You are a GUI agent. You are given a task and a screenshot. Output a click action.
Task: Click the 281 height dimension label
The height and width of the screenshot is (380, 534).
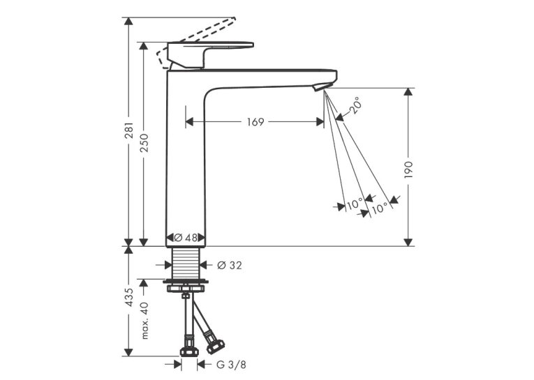coord(129,130)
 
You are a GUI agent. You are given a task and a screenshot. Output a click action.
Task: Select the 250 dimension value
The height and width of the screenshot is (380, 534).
coord(144,142)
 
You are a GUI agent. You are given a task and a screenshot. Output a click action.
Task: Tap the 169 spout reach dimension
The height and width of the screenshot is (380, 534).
coord(255,122)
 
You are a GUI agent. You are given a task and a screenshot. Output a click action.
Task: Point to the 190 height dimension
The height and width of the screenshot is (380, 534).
coord(408,169)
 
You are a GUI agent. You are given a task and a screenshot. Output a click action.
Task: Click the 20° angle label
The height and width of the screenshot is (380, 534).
coord(353,105)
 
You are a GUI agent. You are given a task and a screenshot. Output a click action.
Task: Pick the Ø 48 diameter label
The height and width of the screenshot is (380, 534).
coord(186,238)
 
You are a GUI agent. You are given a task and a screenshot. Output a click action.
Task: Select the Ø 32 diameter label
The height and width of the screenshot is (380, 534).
coord(229,265)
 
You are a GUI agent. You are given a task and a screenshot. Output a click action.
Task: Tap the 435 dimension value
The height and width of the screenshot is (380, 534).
coord(129,297)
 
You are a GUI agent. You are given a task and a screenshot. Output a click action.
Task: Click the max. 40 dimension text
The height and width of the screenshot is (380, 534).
coord(144,320)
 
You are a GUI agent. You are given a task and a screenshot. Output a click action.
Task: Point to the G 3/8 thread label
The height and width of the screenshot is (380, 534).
coord(231,365)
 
